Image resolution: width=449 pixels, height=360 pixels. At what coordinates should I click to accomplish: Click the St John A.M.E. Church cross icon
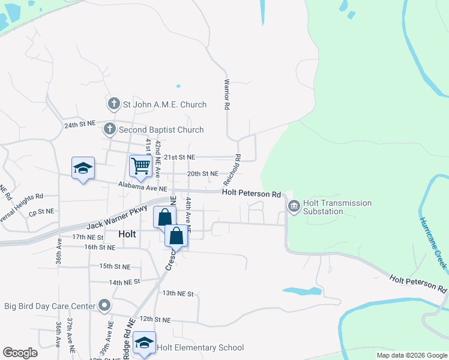114,104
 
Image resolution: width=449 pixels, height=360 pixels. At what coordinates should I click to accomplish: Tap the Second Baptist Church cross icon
109,129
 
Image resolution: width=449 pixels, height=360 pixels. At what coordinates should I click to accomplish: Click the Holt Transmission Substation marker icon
294,208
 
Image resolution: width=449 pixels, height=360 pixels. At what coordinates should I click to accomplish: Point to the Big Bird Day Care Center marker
104,306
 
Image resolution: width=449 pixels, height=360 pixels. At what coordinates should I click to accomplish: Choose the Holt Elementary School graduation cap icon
144,343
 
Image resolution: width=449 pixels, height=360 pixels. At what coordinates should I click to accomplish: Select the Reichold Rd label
232,170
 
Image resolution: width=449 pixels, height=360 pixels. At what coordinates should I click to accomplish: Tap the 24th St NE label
80,124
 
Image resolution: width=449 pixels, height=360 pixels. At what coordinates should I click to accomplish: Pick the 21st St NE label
180,157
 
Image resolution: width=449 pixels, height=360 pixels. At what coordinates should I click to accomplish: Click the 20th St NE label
202,173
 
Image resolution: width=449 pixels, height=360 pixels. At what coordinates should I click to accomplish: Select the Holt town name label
127,234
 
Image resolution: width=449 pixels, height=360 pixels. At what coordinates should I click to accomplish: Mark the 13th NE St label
178,293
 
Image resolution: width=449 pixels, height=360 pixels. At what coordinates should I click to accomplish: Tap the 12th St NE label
155,320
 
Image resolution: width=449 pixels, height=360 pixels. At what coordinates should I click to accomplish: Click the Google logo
20,353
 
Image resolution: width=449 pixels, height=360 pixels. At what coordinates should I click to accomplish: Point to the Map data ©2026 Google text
411,355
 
